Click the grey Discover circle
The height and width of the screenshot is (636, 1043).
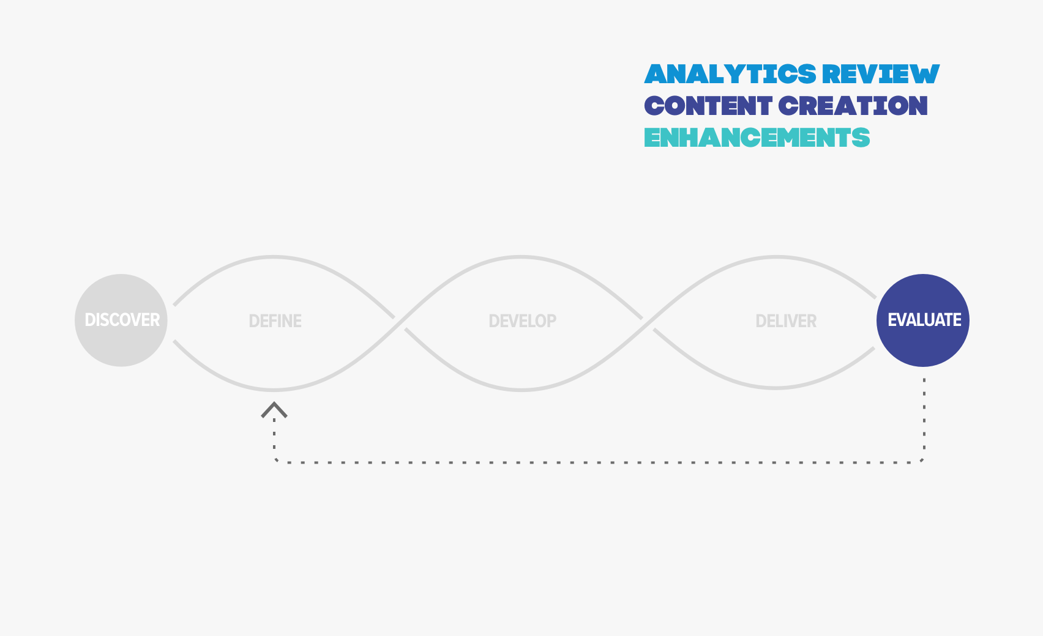(121, 320)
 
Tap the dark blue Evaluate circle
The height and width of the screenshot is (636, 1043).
(923, 320)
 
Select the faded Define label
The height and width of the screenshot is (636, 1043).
(275, 321)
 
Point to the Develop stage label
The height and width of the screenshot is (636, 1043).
(523, 321)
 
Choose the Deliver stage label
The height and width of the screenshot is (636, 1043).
(786, 321)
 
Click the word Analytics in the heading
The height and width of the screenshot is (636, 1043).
(730, 74)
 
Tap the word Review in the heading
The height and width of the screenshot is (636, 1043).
(881, 74)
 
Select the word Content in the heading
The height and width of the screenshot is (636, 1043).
(708, 106)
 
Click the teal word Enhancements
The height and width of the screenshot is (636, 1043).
(757, 138)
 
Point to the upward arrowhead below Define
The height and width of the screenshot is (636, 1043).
(274, 410)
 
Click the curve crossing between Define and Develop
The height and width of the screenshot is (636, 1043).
(400, 324)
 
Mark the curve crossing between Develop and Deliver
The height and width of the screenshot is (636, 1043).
(648, 324)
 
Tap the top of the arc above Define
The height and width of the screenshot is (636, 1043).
(274, 256)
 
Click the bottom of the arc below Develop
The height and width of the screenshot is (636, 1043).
(521, 390)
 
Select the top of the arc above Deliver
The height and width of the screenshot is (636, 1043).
(776, 256)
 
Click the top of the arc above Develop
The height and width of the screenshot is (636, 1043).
(521, 256)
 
